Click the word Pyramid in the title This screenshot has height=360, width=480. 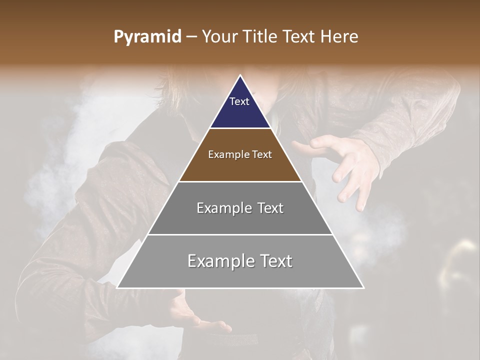tap(147, 37)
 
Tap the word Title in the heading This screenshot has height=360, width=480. tap(260, 37)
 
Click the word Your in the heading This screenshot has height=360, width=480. tap(220, 37)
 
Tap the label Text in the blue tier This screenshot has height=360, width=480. tap(239, 101)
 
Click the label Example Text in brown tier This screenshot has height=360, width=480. tap(240, 154)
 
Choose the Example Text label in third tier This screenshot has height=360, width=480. tap(240, 208)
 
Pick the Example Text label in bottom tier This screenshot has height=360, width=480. tap(240, 261)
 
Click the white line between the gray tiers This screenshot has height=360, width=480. tap(240, 234)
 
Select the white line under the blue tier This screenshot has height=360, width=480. tap(240, 128)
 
